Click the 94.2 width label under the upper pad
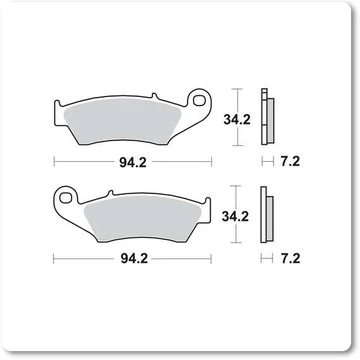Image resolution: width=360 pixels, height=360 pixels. point(133,162)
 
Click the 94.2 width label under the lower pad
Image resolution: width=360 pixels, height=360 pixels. point(134,259)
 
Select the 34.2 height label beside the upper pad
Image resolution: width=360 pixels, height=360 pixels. point(237,119)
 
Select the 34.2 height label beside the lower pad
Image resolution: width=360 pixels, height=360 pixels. point(235,217)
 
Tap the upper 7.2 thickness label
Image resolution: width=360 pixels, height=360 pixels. point(290,162)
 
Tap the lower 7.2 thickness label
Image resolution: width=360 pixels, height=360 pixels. point(290,259)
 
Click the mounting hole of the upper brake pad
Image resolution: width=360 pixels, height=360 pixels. point(199,100)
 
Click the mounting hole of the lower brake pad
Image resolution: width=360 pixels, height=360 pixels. point(65,198)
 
